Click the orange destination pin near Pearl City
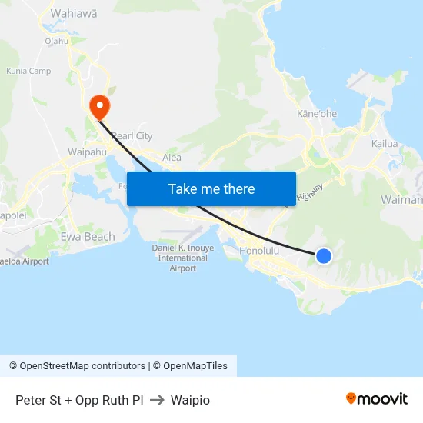[99, 105]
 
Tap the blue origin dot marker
[324, 256]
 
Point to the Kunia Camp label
[28, 71]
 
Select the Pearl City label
[132, 136]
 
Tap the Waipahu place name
[87, 152]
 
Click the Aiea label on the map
[172, 158]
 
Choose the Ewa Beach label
[88, 237]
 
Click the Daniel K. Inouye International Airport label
[183, 258]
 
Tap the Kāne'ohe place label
[317, 114]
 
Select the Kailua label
[385, 144]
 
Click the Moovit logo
[377, 398]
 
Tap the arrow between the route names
[157, 400]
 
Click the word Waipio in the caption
[190, 400]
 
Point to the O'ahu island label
[57, 41]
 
